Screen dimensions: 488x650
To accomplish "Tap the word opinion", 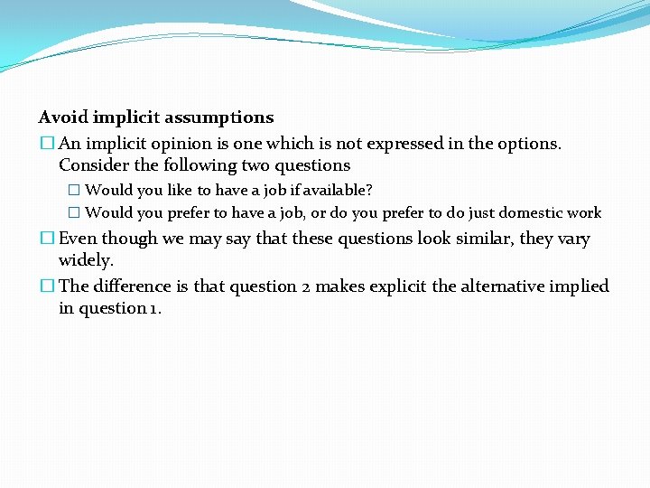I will (195, 144).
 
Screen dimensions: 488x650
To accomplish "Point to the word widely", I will (86, 260).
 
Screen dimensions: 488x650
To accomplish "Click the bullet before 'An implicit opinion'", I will (47, 144).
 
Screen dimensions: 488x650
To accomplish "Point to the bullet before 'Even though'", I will (47, 239).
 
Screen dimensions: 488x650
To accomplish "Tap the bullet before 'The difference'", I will (47, 286).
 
